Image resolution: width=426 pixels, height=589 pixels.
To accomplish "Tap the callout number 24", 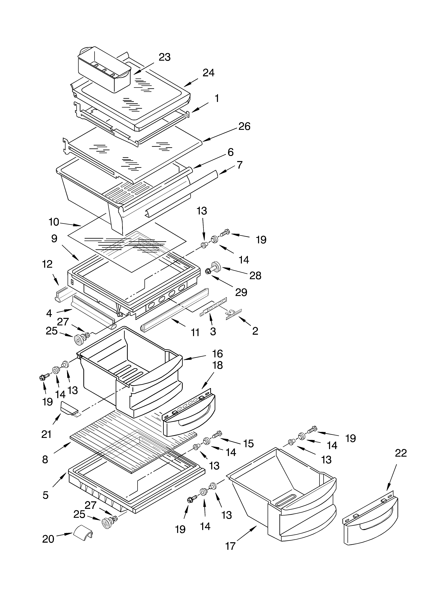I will click(208, 73).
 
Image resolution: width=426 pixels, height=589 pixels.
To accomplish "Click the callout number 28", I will click(255, 276).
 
